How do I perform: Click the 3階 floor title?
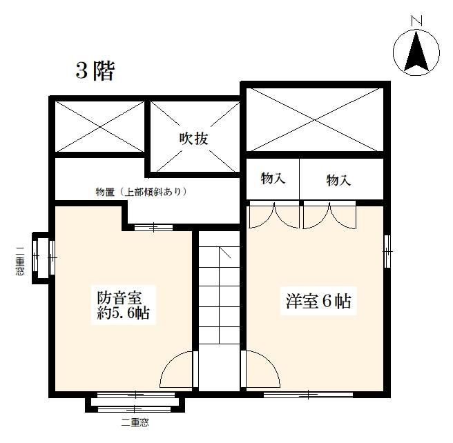point(95,70)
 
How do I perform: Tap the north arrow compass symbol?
point(416,52)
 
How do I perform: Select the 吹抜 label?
point(193,139)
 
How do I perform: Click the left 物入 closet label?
point(273,178)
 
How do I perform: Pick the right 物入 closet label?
point(338,180)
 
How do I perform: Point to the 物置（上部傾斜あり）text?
point(141,192)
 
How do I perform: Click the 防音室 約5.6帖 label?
point(124,305)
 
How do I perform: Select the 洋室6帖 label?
point(318,301)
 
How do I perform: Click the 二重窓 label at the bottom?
point(135,423)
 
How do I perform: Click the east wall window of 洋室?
point(387,251)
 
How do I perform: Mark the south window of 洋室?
point(308,395)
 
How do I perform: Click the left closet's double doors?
point(274,215)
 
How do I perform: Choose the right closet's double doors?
point(329,215)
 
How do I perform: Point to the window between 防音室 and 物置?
point(154,228)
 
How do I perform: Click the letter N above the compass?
point(417,21)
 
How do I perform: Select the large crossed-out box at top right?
point(315,119)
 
